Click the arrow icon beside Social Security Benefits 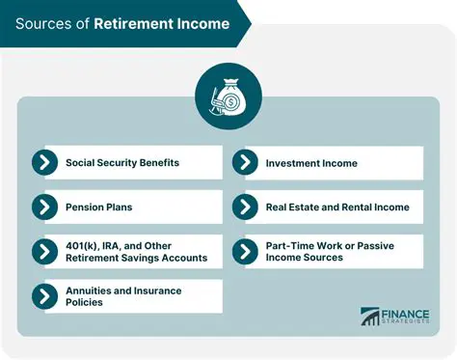[x=44, y=162]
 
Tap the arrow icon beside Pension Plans [x=44, y=207]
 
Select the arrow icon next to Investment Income [x=245, y=162]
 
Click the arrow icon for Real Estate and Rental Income [x=245, y=207]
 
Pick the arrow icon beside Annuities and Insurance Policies [x=44, y=296]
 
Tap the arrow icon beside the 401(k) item [x=44, y=251]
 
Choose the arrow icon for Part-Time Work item [x=245, y=251]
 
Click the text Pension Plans [x=97, y=207]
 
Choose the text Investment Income [x=311, y=163]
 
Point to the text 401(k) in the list [x=80, y=245]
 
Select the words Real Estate [x=292, y=207]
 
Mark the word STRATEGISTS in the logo [x=410, y=322]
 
